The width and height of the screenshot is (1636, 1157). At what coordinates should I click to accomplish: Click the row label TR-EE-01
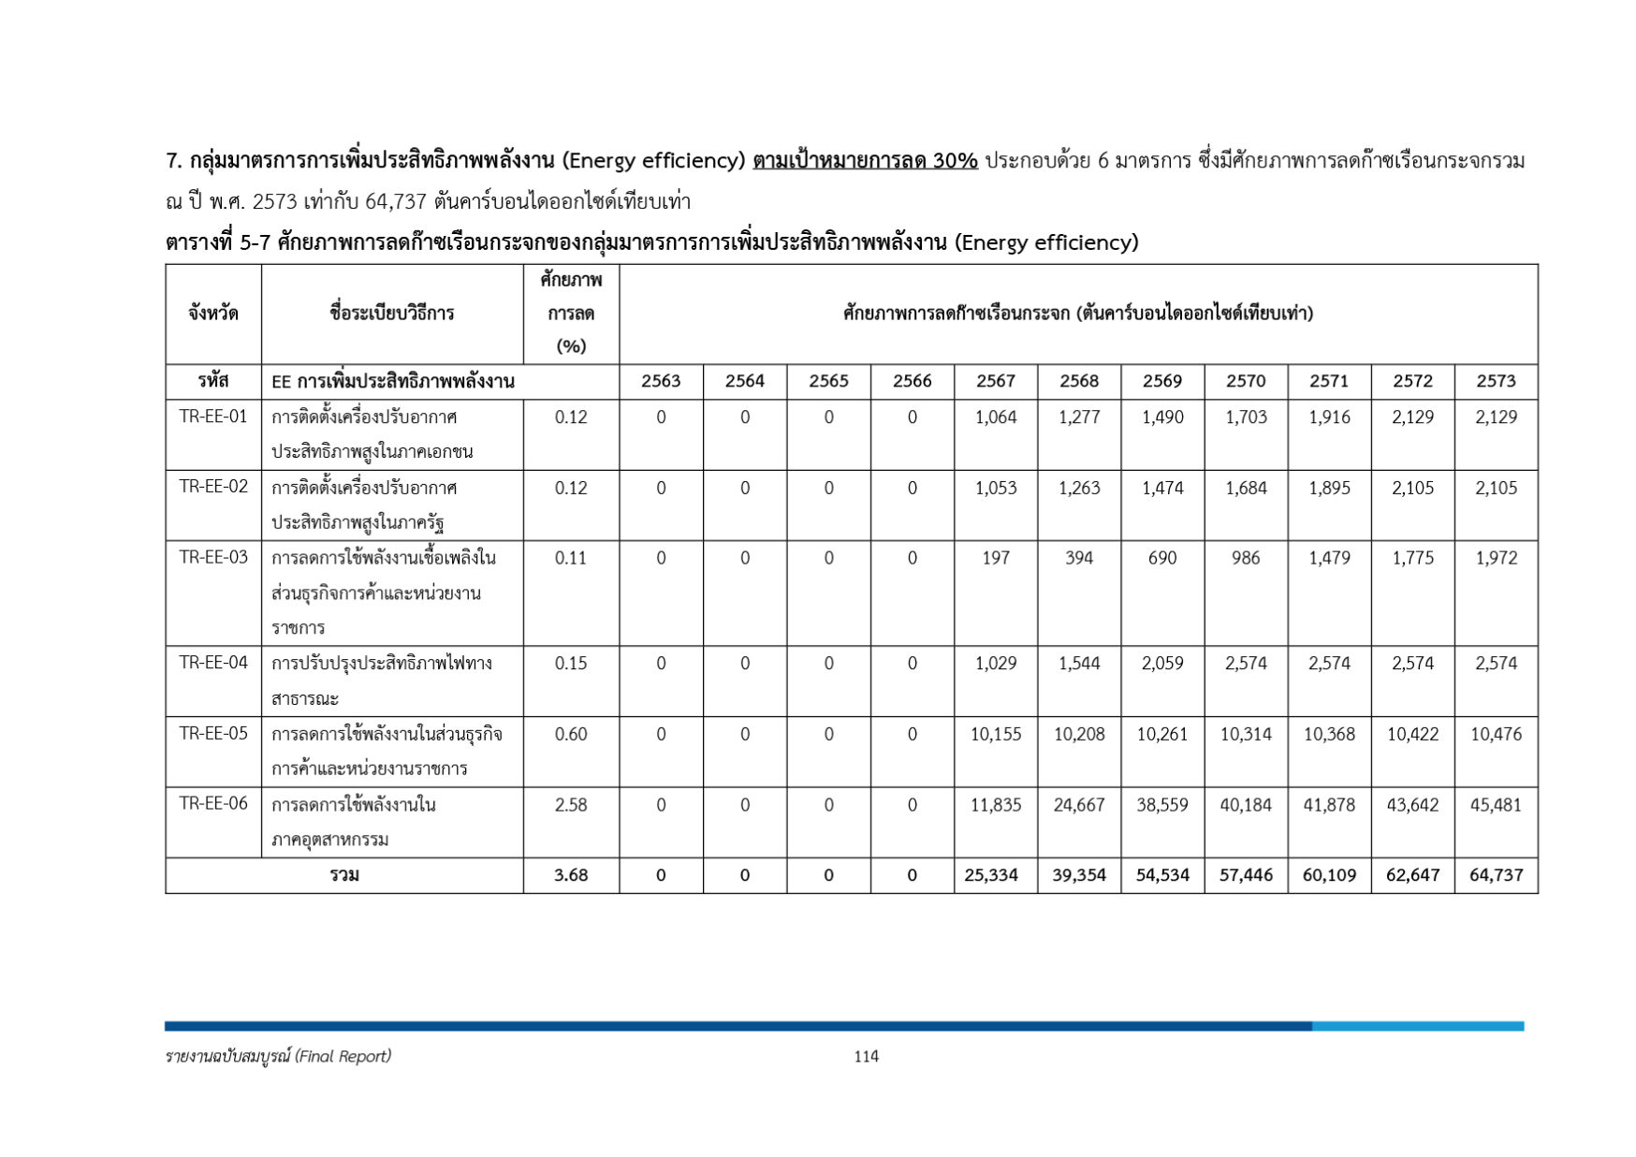pyautogui.click(x=213, y=417)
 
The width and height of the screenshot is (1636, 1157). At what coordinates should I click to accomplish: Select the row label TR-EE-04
pyautogui.click(x=213, y=663)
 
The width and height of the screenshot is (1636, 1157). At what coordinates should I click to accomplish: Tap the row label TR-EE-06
pyautogui.click(x=213, y=803)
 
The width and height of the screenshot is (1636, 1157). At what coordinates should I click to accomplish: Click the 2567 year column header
pyautogui.click(x=995, y=381)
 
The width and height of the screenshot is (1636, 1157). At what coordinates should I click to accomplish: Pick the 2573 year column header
pyautogui.click(x=1496, y=381)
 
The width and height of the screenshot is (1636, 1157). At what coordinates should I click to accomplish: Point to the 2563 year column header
pyautogui.click(x=661, y=381)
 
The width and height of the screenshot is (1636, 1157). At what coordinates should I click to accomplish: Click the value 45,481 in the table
pyautogui.click(x=1496, y=804)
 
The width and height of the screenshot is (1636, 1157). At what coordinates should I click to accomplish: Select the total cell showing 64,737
pyautogui.click(x=1496, y=875)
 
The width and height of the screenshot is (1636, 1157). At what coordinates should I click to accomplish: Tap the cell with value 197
pyautogui.click(x=995, y=558)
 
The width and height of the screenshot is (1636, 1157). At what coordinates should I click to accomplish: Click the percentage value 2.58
pyautogui.click(x=571, y=804)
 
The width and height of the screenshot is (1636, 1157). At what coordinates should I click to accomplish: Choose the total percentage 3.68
pyautogui.click(x=571, y=875)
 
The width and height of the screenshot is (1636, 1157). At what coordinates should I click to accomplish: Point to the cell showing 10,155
pyautogui.click(x=995, y=734)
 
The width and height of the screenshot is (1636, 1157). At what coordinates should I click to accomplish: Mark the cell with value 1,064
pyautogui.click(x=995, y=417)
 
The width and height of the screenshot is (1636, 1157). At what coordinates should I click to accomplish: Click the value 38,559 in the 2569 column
pyautogui.click(x=1162, y=804)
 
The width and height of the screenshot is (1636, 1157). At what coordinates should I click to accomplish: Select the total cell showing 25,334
pyautogui.click(x=995, y=875)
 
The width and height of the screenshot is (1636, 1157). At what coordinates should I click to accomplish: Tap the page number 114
pyautogui.click(x=866, y=1056)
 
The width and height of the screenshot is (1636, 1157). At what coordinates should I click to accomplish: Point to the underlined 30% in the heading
pyautogui.click(x=955, y=161)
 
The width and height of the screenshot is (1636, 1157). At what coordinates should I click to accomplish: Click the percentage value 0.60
pyautogui.click(x=571, y=734)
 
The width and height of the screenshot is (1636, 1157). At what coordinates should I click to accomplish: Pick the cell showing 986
pyautogui.click(x=1246, y=558)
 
